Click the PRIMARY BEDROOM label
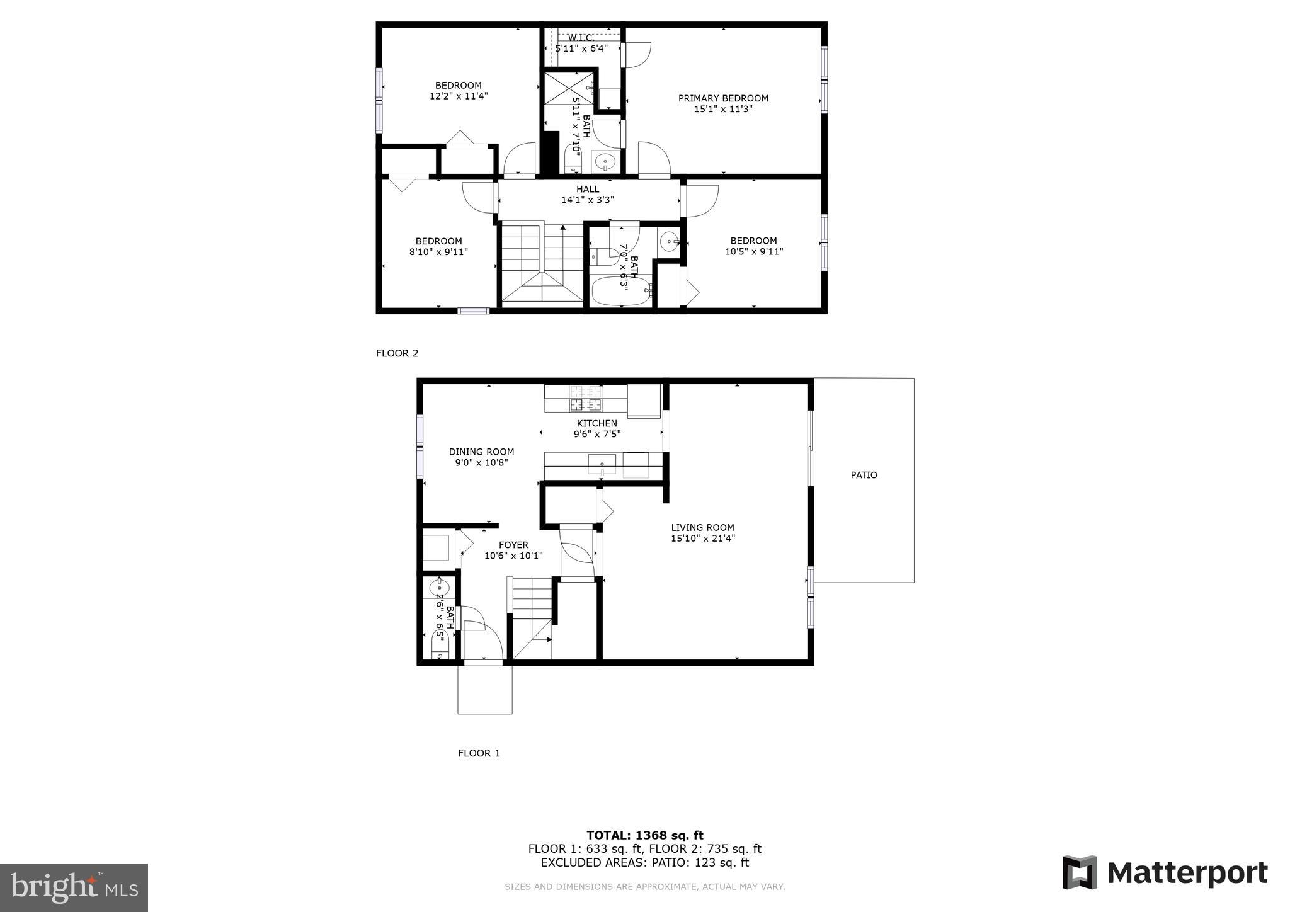(723, 98)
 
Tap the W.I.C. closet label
(581, 38)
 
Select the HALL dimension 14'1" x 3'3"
(587, 200)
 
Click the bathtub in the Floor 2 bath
(621, 291)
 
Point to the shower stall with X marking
(568, 88)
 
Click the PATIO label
(864, 475)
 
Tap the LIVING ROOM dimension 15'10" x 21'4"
(703, 539)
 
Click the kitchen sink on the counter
(602, 464)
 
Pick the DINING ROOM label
(481, 452)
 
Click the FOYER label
(513, 545)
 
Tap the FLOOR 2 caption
(397, 353)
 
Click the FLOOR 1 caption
(479, 753)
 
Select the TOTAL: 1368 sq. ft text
(644, 835)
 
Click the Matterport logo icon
(1080, 872)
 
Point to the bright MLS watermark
(74, 888)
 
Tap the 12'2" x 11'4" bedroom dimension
(459, 96)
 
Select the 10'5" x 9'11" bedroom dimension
(753, 251)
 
